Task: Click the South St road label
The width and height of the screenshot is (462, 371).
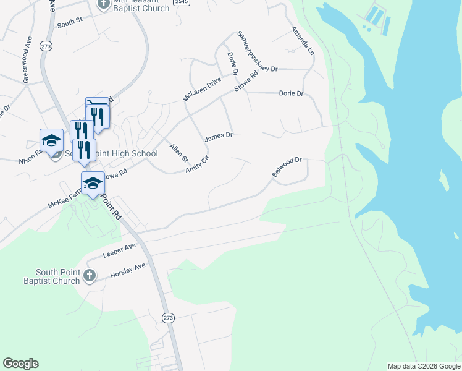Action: click(x=70, y=22)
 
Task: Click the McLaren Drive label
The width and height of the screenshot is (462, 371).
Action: click(x=202, y=90)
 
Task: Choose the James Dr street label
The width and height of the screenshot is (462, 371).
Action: click(x=219, y=136)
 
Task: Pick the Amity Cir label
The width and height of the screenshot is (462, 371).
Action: click(x=198, y=164)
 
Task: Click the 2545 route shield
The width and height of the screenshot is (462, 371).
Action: click(x=181, y=2)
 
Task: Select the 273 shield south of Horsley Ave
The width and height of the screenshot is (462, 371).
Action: click(x=169, y=317)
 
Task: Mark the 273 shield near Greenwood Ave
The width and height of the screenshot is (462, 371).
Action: click(x=45, y=46)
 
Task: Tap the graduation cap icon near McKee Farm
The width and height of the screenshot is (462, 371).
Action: click(x=93, y=183)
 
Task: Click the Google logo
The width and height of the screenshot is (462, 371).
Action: click(x=20, y=364)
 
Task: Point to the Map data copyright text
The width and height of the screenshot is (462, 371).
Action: click(x=423, y=366)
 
